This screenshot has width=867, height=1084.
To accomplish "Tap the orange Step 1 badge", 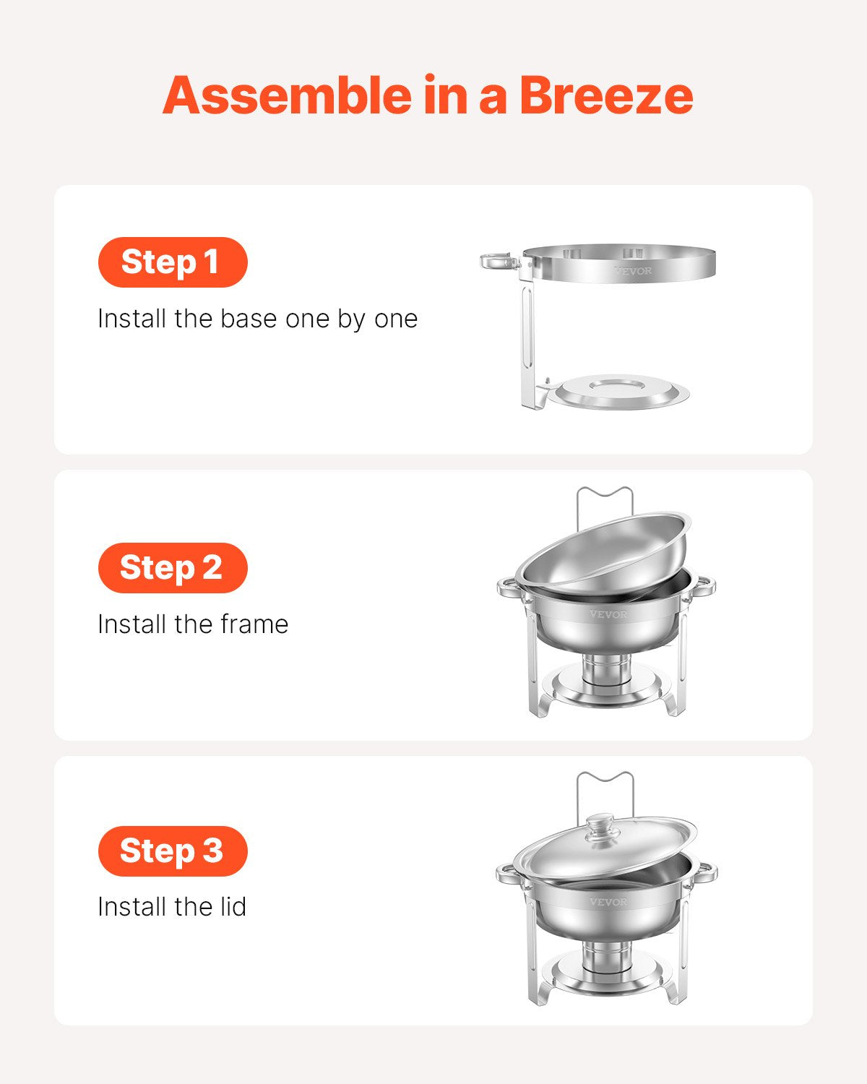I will [x=172, y=262].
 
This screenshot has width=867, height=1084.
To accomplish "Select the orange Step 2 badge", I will [x=172, y=568].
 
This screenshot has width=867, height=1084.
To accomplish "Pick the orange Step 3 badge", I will [x=172, y=851].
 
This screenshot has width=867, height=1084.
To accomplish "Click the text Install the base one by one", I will [x=257, y=319].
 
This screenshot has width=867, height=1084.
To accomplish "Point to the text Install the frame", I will [x=193, y=624].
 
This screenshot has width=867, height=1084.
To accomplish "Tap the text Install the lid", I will [x=172, y=907].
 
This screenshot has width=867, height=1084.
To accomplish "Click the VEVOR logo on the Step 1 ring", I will [x=633, y=271].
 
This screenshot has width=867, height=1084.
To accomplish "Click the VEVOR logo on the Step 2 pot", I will [x=608, y=614].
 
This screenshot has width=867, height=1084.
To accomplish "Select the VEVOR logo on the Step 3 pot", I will [x=608, y=902].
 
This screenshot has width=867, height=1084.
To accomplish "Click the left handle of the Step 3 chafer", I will [x=508, y=874].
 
